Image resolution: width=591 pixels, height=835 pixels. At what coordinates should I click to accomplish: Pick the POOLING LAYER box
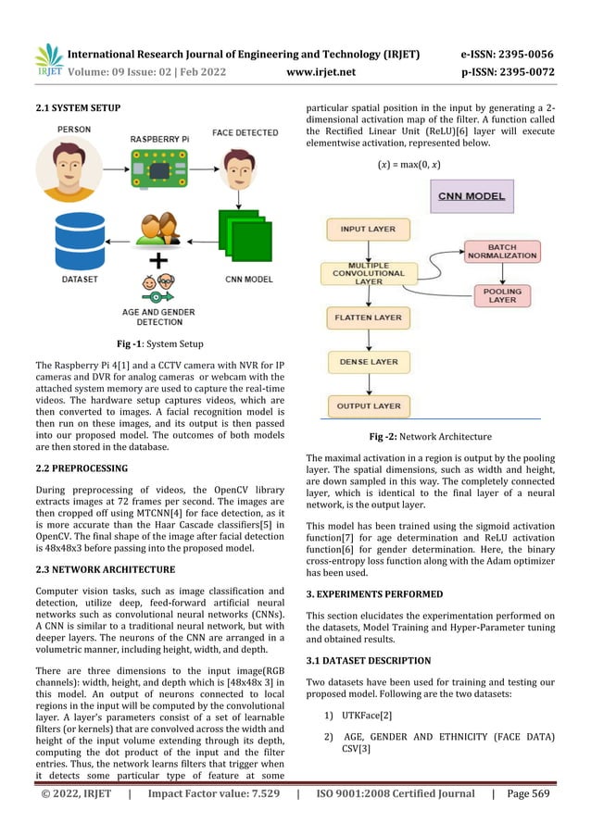click(x=503, y=294)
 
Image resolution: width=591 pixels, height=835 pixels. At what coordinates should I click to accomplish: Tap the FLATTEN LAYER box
click(x=367, y=318)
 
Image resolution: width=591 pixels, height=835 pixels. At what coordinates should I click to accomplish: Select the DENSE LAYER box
click(x=368, y=362)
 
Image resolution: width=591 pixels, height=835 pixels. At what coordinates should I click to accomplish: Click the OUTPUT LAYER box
click(x=367, y=405)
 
